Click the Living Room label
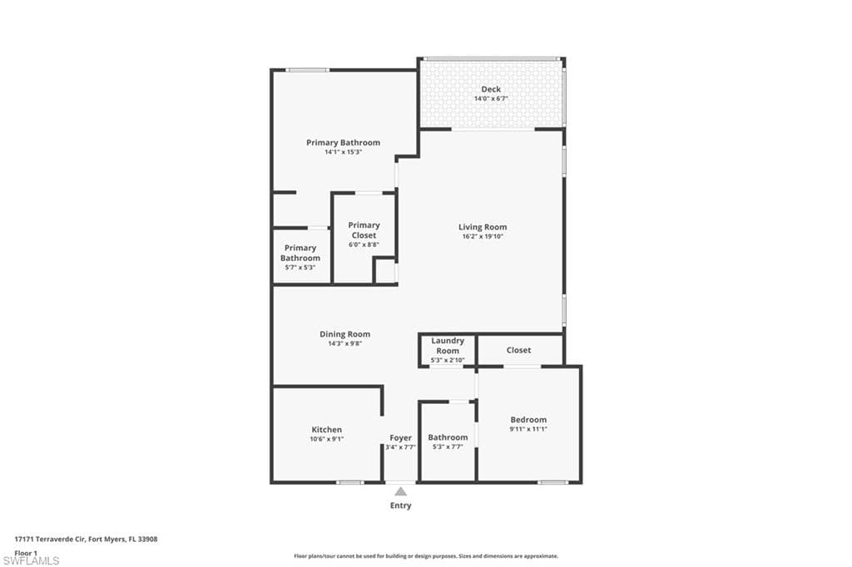(482, 227)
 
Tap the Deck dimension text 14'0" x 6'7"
(491, 99)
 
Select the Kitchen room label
(326, 430)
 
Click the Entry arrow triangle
(400, 491)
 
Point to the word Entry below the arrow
(400, 505)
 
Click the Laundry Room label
(448, 346)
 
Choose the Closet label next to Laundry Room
(518, 350)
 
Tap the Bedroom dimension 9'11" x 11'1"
(528, 429)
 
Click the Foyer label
(400, 437)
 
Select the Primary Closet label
(364, 230)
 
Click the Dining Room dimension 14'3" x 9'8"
(344, 343)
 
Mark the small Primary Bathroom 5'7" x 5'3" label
(300, 253)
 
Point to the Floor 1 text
(26, 552)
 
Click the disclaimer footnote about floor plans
(426, 556)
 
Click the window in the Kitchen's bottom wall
(349, 482)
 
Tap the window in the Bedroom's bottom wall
(552, 482)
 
